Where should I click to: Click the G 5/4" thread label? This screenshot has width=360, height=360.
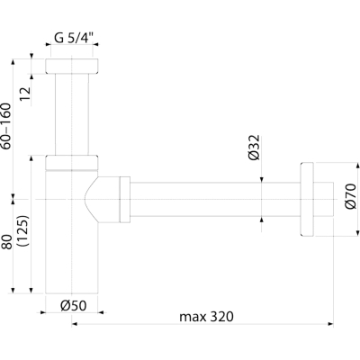[x=74, y=38]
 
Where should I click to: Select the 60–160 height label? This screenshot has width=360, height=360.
[x=6, y=126]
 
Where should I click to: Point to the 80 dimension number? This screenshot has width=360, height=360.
[x=7, y=242]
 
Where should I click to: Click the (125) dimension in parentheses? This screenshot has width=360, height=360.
[x=23, y=230]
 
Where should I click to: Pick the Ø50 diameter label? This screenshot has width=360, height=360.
[x=74, y=306]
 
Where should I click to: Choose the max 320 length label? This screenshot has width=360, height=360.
[x=206, y=317]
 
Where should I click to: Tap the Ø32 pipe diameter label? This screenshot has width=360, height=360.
[x=254, y=148]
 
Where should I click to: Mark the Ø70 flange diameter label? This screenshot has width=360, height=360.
[x=350, y=196]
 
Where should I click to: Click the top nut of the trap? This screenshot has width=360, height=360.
[x=72, y=67]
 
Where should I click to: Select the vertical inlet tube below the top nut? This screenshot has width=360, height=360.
[x=72, y=114]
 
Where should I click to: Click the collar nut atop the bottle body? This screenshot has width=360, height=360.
[x=72, y=163]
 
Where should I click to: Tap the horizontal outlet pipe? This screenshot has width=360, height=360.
[x=215, y=199]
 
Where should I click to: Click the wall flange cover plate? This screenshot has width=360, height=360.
[x=307, y=199]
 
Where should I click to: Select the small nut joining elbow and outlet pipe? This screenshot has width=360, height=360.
[x=125, y=200]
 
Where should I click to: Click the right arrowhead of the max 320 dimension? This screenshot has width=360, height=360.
[x=331, y=324]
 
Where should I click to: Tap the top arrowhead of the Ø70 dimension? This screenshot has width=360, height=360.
[x=357, y=166]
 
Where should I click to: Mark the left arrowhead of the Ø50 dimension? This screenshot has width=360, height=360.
[x=42, y=312]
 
